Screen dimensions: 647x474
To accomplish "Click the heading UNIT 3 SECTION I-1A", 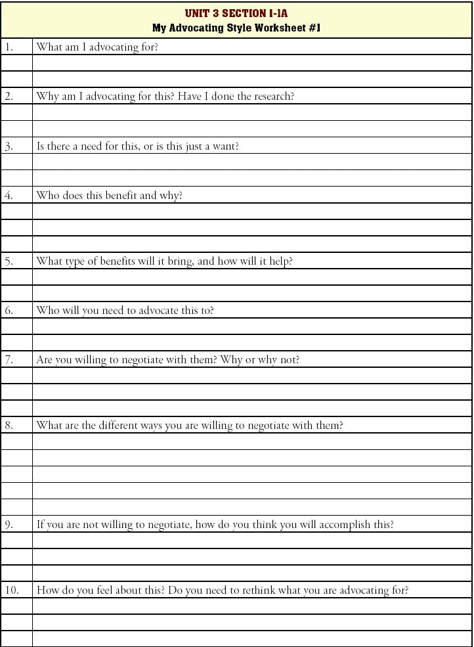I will pyautogui.click(x=236, y=13).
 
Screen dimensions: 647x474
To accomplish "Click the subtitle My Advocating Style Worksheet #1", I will pyautogui.click(x=236, y=28).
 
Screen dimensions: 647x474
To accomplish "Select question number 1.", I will pyautogui.click(x=9, y=47).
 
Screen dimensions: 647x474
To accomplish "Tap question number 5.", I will pyautogui.click(x=9, y=261).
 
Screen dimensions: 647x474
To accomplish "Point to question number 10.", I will pyautogui.click(x=12, y=590).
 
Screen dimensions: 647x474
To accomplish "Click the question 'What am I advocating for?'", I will pyautogui.click(x=97, y=47).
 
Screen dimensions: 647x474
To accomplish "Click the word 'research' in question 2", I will pyautogui.click(x=273, y=97).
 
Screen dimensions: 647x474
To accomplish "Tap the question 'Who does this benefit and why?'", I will pyautogui.click(x=109, y=195).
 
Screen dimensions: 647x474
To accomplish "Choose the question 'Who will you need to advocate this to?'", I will pyautogui.click(x=125, y=310).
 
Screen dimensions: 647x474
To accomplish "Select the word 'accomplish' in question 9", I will pyautogui.click(x=333, y=524).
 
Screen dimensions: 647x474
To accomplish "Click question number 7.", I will pyautogui.click(x=9, y=359).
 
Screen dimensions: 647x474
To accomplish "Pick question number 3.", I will pyautogui.click(x=9, y=146).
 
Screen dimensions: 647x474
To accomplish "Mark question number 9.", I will pyautogui.click(x=9, y=524).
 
